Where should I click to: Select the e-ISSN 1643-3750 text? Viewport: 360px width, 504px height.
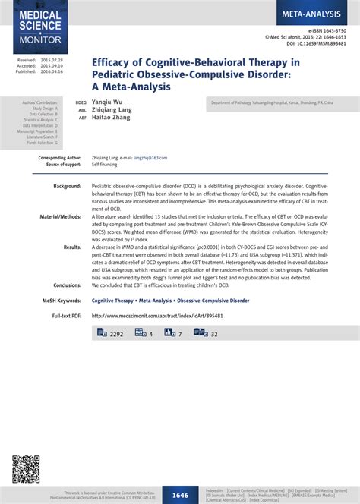[x=332, y=30]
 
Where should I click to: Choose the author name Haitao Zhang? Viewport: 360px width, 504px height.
[x=109, y=118]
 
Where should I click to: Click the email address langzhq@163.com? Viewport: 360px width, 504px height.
[x=150, y=158]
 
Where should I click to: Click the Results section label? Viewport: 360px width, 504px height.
[x=72, y=247]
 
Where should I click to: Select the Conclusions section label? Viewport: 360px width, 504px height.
[x=67, y=285]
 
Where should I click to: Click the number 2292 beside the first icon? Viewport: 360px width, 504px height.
[x=116, y=334]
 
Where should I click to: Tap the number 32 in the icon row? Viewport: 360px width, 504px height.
[x=214, y=334]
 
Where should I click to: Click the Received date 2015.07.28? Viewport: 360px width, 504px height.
[x=52, y=59]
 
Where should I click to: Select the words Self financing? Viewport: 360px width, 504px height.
[x=104, y=165]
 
